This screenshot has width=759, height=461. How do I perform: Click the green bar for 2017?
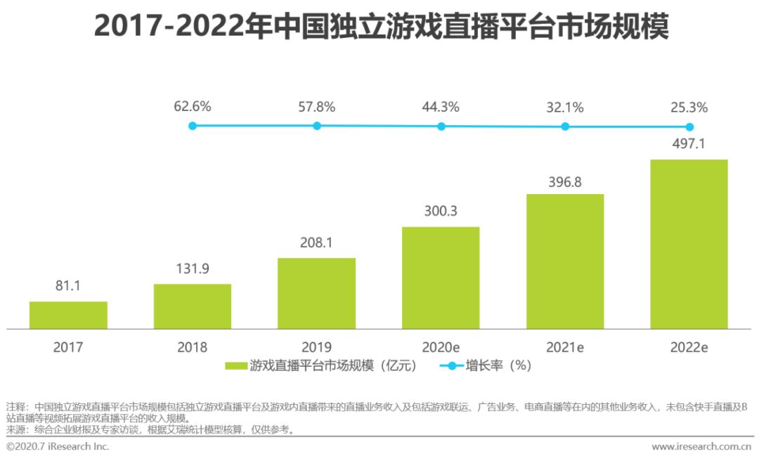pos(68,315)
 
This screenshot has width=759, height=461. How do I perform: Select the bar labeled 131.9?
pos(193,306)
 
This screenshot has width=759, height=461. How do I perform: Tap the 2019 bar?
pos(316,293)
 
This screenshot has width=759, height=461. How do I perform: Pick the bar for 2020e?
pos(441,278)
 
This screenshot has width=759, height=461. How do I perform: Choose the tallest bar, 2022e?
pos(689,244)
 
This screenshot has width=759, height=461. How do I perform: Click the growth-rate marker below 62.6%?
pos(193,126)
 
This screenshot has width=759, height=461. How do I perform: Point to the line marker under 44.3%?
pos(441,126)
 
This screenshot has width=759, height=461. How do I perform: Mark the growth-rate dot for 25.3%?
pos(689,127)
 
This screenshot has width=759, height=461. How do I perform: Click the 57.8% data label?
pos(317,108)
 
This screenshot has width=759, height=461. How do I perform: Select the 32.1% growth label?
pos(565,108)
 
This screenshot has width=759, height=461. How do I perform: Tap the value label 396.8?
pos(565,182)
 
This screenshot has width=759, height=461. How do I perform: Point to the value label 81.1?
pos(68,287)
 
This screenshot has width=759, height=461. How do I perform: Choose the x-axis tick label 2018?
pos(193,347)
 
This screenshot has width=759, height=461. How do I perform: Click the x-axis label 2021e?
pos(565,347)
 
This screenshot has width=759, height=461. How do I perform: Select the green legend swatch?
pos(236,365)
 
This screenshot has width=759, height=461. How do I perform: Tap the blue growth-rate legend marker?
pos(452,365)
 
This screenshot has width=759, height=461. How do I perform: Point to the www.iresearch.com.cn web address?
pos(702,447)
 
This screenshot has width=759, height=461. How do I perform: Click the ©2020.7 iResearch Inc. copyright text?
pos(58,447)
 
